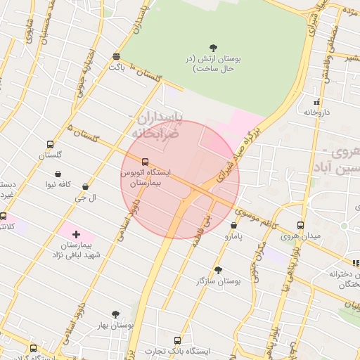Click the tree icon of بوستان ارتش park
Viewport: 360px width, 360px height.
point(213,49)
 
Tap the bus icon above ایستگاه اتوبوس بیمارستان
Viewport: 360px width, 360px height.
point(145,162)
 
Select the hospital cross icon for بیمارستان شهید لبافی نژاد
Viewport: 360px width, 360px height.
point(77,233)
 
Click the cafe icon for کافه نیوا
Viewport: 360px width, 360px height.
point(58,174)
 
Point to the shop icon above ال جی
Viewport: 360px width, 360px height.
point(86,187)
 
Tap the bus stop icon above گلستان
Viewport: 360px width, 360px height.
point(49,143)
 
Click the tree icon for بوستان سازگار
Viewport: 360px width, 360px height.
point(218,270)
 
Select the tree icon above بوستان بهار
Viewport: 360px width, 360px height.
point(116,314)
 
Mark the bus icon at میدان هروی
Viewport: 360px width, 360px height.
point(300,225)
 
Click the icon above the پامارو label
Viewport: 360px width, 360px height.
point(233,226)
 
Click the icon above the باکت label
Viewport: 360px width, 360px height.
point(116,56)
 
